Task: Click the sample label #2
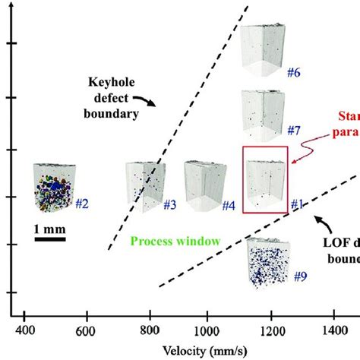coord(83,204)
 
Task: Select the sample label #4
coord(228,205)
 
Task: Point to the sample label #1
coord(297,204)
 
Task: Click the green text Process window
coord(176,241)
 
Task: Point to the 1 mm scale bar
coord(53,241)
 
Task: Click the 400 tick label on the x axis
coord(26,331)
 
